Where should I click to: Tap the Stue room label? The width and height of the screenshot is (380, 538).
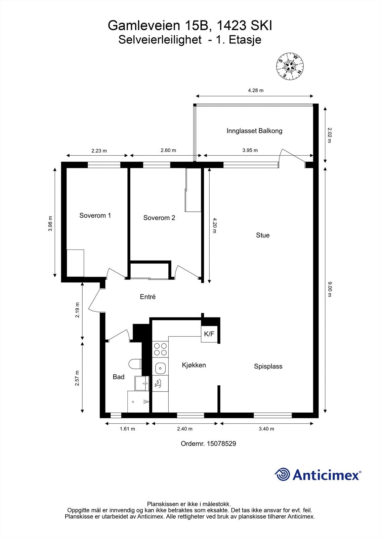coord(263,235)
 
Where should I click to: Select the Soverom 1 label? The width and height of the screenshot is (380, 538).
coord(95,216)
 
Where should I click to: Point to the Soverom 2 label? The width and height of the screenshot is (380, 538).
coord(159,218)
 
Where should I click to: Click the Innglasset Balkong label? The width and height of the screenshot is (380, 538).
coord(254,131)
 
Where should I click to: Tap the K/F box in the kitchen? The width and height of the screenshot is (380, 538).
coord(209,334)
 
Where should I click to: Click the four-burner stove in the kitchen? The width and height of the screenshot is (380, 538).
coord(160,349)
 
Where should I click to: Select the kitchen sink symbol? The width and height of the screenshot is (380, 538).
coord(160,368)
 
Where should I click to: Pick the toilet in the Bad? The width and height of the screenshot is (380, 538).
coord(135,364)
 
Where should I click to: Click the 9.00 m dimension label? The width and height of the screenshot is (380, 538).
coord(330,290)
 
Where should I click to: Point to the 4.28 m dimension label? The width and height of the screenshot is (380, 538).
coord(256,90)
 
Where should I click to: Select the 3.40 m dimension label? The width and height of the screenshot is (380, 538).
coord(267,429)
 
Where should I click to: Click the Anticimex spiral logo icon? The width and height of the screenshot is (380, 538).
coord(283,475)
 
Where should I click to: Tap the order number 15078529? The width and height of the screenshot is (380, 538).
coord(221,444)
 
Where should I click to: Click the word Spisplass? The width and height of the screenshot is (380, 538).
coord(268,367)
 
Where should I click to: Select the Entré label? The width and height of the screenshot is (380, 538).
coord(147,297)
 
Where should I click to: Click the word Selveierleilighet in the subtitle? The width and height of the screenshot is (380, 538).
coord(160,40)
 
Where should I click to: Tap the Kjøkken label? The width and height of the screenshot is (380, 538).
coord(194,365)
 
